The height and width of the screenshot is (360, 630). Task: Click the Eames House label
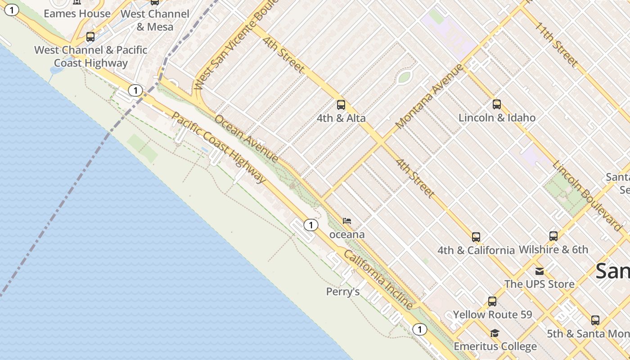point(77,13)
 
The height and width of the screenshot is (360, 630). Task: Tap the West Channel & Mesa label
point(155,20)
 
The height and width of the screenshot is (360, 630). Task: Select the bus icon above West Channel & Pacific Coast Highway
point(90,37)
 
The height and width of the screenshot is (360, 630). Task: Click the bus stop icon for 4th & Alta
point(341,105)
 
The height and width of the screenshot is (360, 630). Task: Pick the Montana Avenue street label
point(430,96)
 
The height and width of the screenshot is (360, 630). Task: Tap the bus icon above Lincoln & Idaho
point(497,104)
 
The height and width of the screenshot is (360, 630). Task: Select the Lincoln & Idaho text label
point(497,118)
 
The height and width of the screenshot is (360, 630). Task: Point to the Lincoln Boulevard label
point(587,196)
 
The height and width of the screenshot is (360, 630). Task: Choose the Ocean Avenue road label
point(246,139)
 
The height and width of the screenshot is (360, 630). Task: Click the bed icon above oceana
point(347,221)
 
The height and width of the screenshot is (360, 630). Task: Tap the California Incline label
point(378,279)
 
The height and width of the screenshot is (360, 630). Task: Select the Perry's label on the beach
point(343,292)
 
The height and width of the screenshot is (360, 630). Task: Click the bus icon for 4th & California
point(476,237)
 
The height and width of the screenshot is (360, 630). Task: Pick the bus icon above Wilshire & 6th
point(553,236)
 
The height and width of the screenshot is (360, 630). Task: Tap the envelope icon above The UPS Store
point(539,271)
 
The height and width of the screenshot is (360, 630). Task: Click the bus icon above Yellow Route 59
point(492,301)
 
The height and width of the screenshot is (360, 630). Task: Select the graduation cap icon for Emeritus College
point(495,333)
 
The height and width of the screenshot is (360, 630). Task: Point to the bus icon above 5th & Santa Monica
point(595,320)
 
